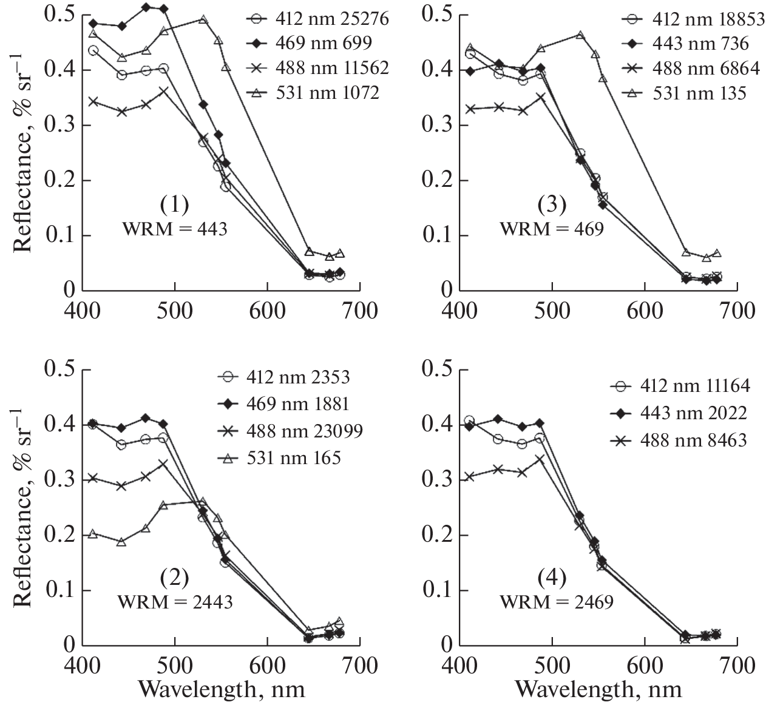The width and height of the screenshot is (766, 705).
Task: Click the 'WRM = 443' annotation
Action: [x=175, y=230]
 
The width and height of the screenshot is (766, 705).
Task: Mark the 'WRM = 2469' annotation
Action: [x=556, y=602]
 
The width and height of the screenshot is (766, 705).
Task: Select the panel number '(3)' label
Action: [x=552, y=206]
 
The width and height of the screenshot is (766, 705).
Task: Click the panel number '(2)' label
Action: [x=175, y=578]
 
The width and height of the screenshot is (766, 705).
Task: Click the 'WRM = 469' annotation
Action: [x=552, y=230]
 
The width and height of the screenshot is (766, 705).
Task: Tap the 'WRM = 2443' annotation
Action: [x=175, y=602]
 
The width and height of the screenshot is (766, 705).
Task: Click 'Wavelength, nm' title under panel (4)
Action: [x=598, y=690]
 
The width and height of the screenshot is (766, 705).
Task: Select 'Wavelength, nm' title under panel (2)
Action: [x=221, y=690]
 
